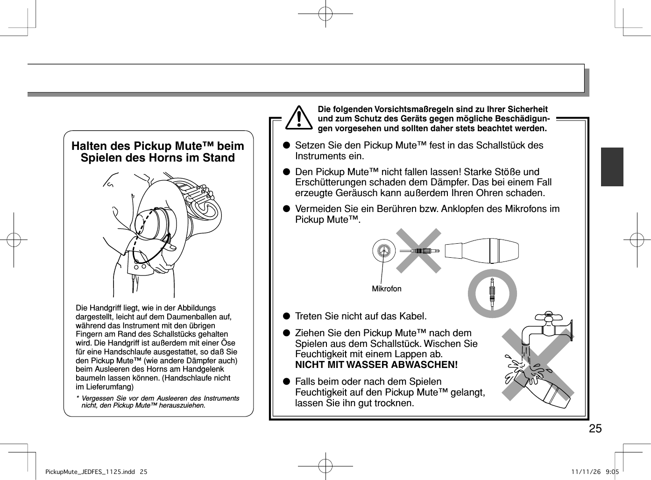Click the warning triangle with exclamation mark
point(299,118)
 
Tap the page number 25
point(595,429)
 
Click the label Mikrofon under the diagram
point(386,289)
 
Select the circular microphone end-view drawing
point(384,251)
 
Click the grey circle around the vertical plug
point(492,293)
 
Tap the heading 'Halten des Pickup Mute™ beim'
point(158,146)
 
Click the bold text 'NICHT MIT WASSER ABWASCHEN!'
point(376,365)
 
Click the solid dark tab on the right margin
point(612,167)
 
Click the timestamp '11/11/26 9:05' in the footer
point(594,472)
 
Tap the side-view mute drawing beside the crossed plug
point(481,250)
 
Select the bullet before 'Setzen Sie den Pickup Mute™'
point(286,146)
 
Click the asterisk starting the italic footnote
point(78,399)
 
